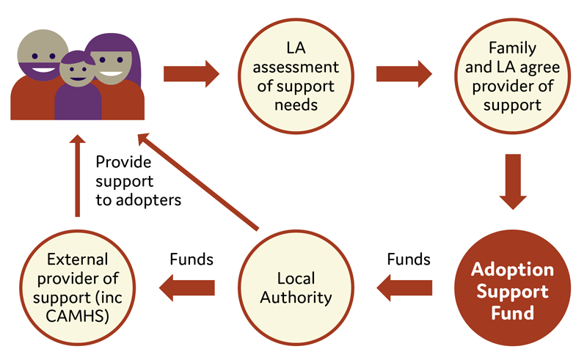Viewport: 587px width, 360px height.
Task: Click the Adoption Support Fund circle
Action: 512,287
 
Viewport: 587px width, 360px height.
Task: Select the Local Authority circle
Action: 296,287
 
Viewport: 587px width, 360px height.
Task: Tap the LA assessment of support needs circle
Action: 296,76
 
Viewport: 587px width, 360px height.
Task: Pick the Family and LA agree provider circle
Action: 512,76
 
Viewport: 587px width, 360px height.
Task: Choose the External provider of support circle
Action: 78,287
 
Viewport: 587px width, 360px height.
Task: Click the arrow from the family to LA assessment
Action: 192,74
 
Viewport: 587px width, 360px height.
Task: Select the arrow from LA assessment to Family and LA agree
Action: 404,74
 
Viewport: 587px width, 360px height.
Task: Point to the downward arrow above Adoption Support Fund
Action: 513,182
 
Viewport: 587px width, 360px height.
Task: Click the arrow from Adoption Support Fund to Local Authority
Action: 404,287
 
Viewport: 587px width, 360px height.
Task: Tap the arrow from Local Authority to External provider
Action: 187,287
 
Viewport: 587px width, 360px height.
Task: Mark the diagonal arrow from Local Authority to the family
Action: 198,182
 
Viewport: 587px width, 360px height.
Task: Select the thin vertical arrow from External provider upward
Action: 78,175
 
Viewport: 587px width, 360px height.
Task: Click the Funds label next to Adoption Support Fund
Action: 409,259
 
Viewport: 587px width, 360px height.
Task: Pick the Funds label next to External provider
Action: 192,259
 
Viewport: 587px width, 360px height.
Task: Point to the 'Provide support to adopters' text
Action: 138,181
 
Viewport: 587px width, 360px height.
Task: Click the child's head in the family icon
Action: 78,68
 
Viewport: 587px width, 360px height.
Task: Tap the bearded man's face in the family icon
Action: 43,55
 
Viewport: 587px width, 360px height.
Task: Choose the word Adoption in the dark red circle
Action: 512,269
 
